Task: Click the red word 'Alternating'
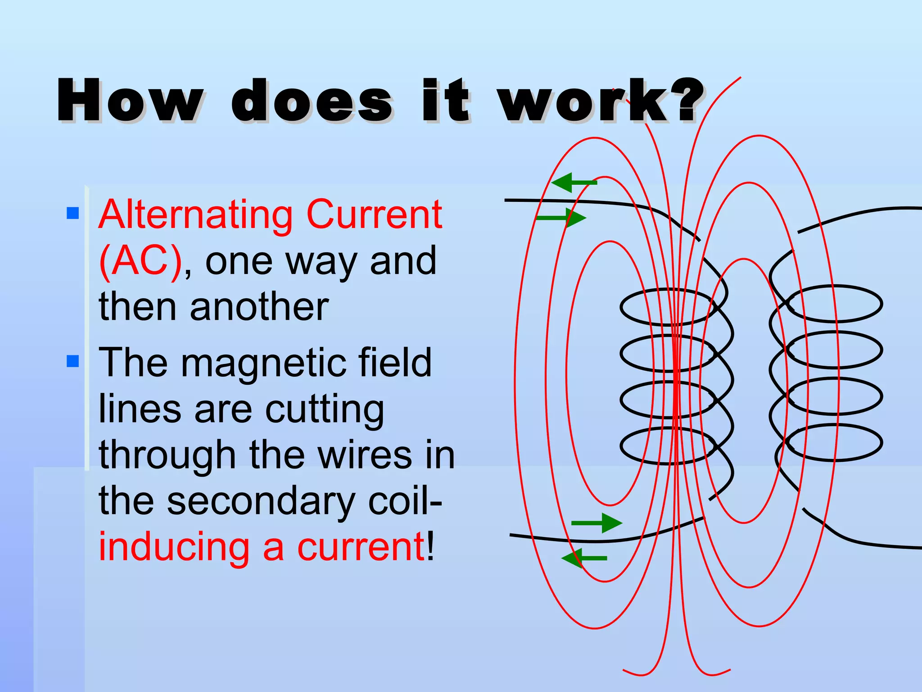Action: [x=195, y=215]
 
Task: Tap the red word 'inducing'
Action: [x=174, y=547]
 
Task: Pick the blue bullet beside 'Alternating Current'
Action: [x=72, y=213]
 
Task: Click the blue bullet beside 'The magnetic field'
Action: [x=72, y=361]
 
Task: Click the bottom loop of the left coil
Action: [x=666, y=462]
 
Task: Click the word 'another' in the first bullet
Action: [x=259, y=307]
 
